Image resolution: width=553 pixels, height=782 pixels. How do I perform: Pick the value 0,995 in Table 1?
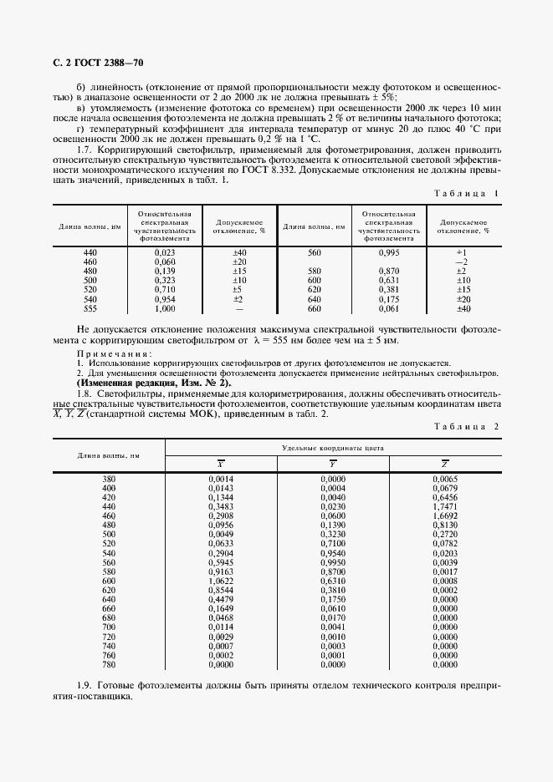[388, 251]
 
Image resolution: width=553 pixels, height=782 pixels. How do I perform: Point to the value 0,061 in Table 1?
[388, 308]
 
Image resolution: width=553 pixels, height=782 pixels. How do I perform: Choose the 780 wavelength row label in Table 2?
[109, 666]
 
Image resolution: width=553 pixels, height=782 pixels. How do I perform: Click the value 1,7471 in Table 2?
[445, 506]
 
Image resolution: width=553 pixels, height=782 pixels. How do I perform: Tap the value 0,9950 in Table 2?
[333, 562]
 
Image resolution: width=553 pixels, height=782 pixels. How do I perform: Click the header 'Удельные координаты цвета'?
[334, 448]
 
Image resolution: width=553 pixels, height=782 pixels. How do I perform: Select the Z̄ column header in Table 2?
[445, 464]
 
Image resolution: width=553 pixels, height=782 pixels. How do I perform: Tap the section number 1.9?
[84, 685]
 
